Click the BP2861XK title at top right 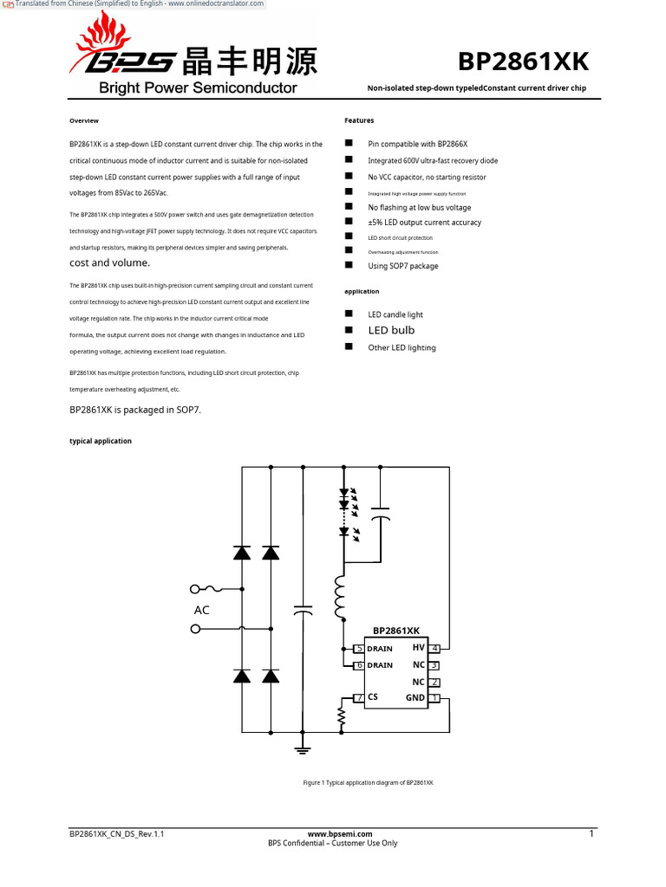click(x=523, y=62)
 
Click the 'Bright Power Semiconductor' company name click(x=198, y=87)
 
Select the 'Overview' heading click(x=84, y=120)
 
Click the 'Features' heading click(x=359, y=120)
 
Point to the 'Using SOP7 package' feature click(x=402, y=266)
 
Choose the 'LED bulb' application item click(x=391, y=330)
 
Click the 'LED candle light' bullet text click(x=395, y=314)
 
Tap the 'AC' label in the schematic click(x=202, y=610)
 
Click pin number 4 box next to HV click(x=435, y=648)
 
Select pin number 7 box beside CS click(x=359, y=698)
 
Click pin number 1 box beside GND click(x=435, y=698)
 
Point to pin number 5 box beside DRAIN click(x=359, y=649)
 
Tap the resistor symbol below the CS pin click(x=342, y=717)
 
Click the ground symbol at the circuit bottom click(x=303, y=748)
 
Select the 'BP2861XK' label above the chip click(x=396, y=631)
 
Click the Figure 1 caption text click(x=368, y=782)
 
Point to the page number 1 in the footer click(x=591, y=834)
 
